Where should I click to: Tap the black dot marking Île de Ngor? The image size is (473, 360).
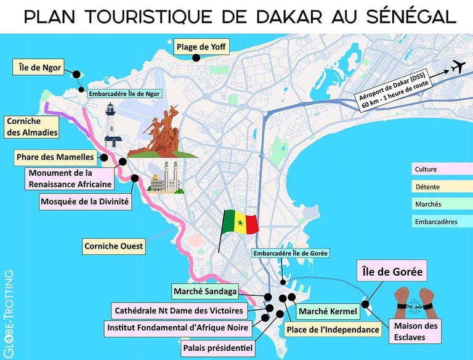(76, 75)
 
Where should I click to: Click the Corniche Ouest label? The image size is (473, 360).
(114, 247)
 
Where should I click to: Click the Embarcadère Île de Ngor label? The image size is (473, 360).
(124, 94)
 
